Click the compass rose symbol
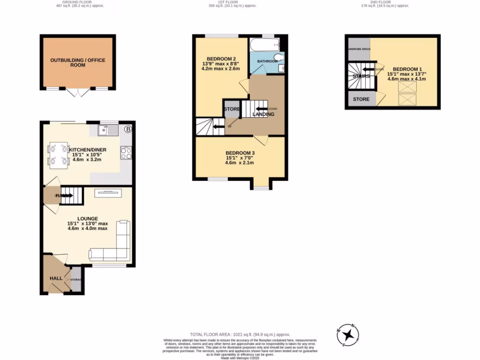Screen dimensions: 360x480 [348, 334]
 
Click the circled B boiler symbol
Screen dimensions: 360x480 [127, 129]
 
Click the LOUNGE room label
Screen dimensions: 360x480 [88, 218]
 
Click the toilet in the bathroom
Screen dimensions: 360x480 [279, 59]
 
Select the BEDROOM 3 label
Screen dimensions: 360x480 [240, 153]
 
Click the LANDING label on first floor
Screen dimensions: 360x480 [263, 114]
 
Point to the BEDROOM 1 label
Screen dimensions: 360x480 [406, 68]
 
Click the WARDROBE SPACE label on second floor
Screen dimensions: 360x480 [358, 49]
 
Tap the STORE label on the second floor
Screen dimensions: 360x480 [361, 99]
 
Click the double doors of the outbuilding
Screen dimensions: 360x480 [77, 92]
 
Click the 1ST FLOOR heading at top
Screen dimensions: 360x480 [240, 2]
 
